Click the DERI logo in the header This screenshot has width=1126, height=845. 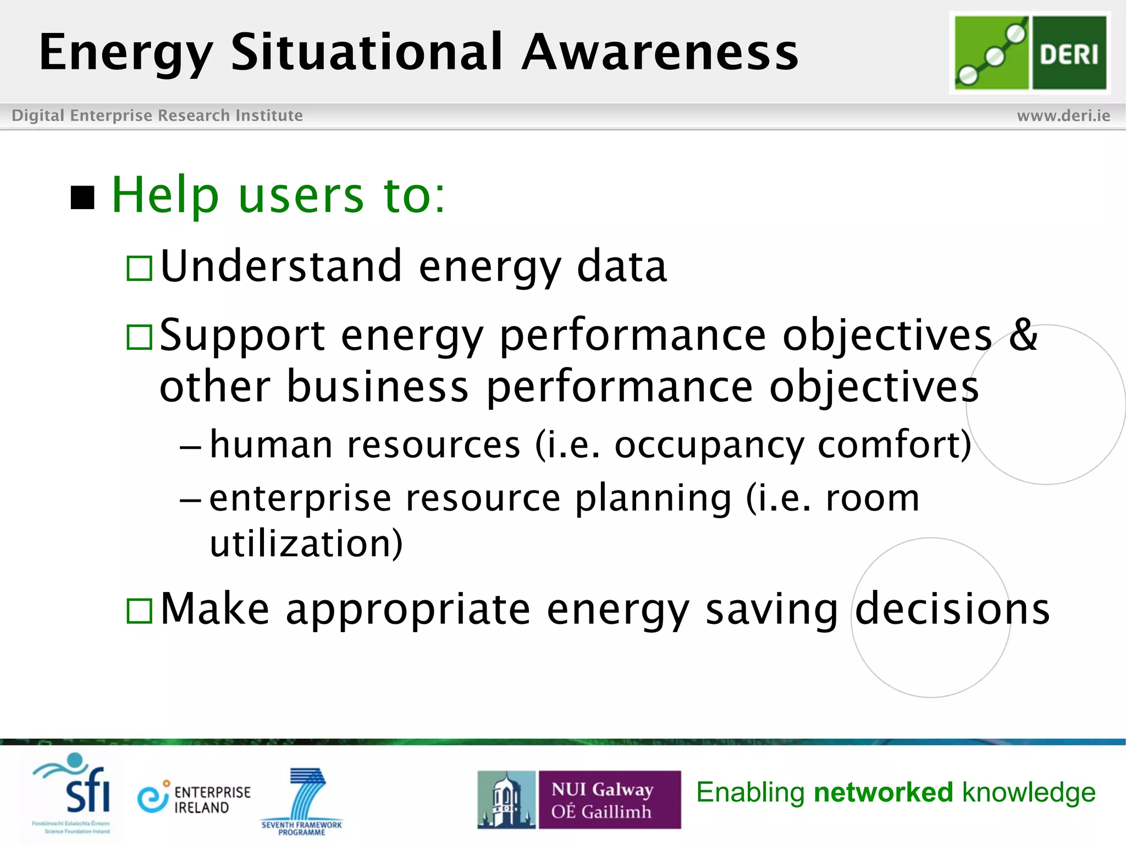click(1030, 53)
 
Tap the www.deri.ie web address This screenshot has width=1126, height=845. click(1063, 116)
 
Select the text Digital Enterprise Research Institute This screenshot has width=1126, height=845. click(157, 116)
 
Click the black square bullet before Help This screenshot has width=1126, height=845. click(83, 197)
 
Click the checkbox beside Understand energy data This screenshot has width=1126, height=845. click(139, 268)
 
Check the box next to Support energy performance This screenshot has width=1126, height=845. click(139, 337)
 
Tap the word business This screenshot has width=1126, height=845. click(377, 386)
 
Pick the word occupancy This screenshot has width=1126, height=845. click(709, 445)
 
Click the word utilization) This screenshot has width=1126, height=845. click(306, 544)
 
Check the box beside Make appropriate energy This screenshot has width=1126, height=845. click(139, 611)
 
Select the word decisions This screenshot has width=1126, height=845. click(952, 609)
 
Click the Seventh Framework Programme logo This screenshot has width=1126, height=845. click(302, 801)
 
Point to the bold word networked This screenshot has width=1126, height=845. click(883, 793)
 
